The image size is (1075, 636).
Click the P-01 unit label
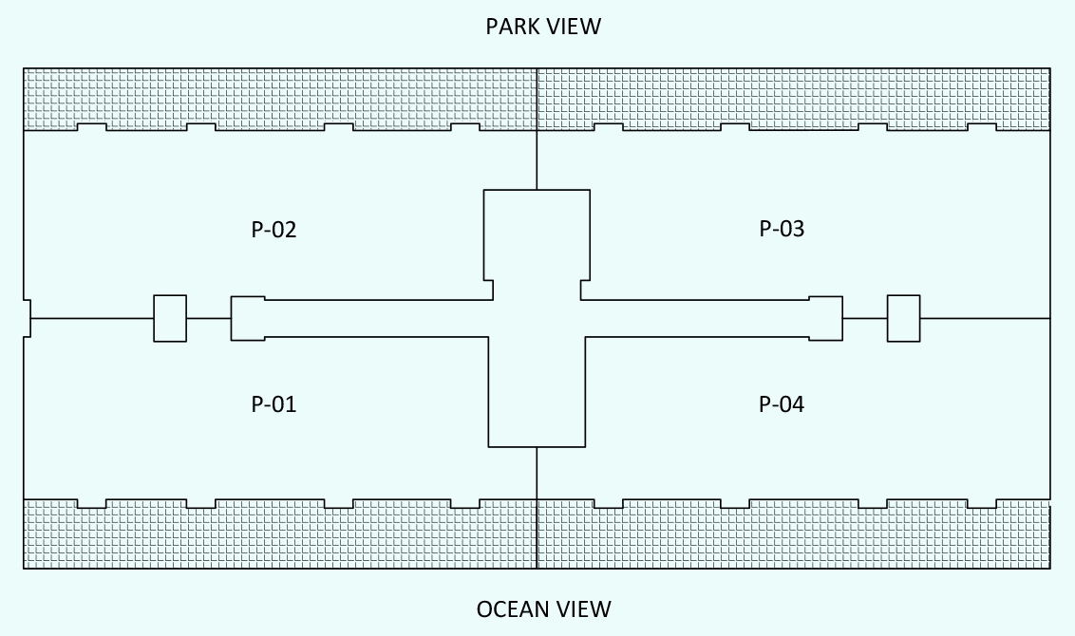click(x=273, y=404)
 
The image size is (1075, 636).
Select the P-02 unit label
click(x=273, y=230)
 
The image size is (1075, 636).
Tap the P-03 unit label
click(x=782, y=229)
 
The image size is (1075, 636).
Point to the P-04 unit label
click(x=782, y=404)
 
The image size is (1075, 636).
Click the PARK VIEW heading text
click(x=543, y=26)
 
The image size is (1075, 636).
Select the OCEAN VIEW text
click(x=543, y=608)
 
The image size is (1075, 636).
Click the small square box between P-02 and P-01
click(x=170, y=318)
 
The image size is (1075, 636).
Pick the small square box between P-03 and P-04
click(x=903, y=318)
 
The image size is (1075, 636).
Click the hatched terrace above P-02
click(x=280, y=97)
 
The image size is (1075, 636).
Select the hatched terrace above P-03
click(x=793, y=97)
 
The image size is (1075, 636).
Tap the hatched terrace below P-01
click(x=280, y=536)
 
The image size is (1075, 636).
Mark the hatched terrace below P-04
click(x=793, y=536)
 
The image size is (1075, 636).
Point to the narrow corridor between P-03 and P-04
click(x=698, y=318)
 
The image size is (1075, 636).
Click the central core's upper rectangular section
click(x=537, y=237)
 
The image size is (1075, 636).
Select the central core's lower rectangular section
click(x=537, y=399)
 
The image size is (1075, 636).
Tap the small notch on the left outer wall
click(x=27, y=318)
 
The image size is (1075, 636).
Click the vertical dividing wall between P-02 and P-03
click(x=537, y=157)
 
